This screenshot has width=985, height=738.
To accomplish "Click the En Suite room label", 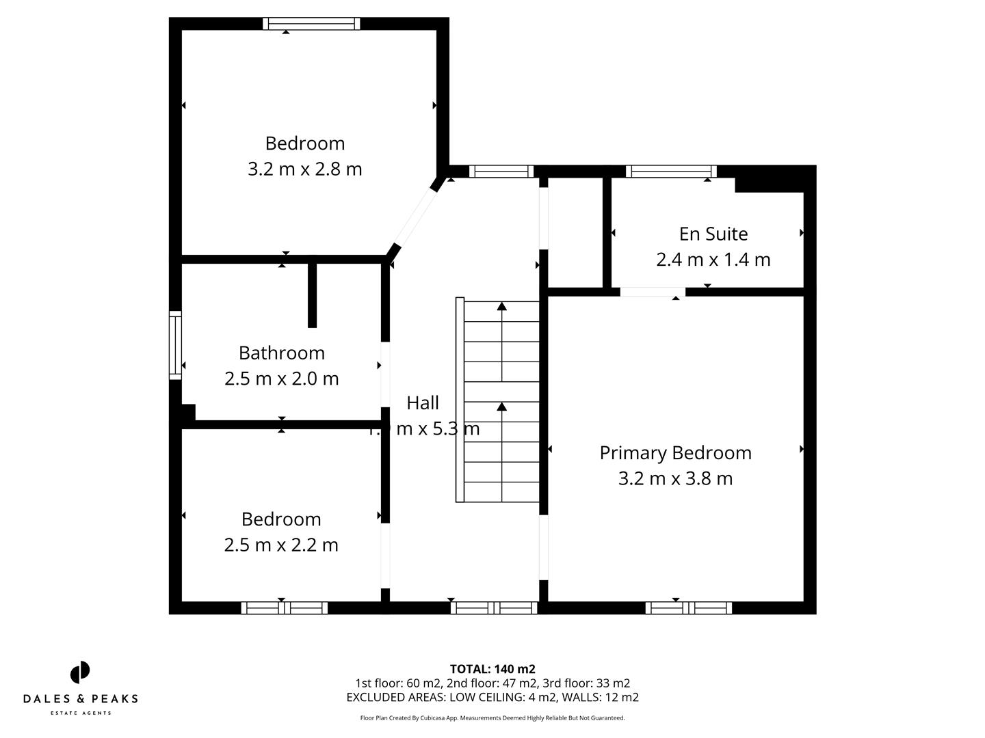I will (713, 234).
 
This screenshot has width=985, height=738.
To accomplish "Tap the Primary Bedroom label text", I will (675, 453).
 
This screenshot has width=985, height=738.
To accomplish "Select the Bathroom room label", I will (281, 353).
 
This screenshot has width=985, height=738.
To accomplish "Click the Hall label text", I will (423, 402).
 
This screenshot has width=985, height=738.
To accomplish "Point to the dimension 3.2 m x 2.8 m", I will (304, 169).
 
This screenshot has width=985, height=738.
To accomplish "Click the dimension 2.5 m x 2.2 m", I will (281, 545).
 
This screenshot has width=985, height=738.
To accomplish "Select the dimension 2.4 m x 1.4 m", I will (713, 260).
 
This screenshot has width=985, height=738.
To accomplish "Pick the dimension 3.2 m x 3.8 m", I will (675, 478).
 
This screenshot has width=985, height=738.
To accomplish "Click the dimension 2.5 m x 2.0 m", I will (281, 378).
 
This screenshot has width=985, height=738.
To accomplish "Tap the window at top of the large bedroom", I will (311, 24).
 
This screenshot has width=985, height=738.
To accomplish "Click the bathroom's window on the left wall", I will (176, 345).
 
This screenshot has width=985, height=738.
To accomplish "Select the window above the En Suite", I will (671, 172).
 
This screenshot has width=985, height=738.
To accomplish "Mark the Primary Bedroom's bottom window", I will (688, 607).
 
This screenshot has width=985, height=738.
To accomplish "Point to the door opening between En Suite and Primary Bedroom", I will (653, 292).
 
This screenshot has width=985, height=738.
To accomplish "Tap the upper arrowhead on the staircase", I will (502, 307).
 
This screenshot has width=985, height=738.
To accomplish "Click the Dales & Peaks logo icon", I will (80, 672).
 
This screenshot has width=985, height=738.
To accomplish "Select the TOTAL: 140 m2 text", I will (492, 669).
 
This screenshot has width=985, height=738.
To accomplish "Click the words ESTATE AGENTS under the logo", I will (80, 713).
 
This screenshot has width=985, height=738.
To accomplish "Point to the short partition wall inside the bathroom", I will (313, 294).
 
